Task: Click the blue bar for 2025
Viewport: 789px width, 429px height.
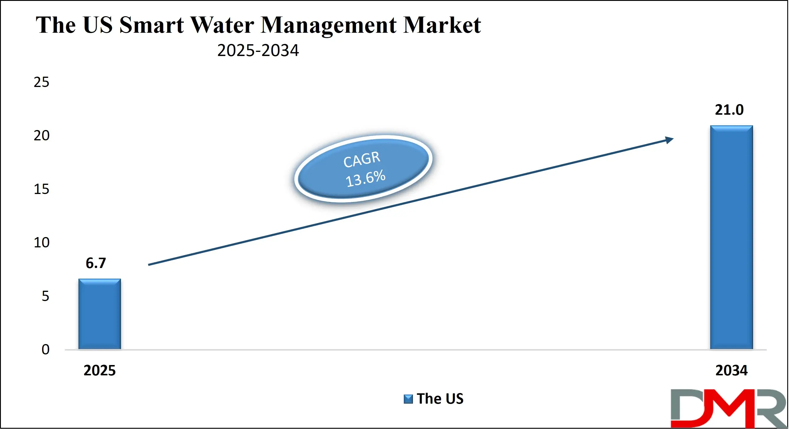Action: click(x=99, y=314)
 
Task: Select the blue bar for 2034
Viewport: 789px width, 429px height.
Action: click(x=731, y=237)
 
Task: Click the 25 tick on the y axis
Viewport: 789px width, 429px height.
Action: click(x=41, y=82)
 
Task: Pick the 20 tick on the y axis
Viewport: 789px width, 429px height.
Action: click(x=41, y=136)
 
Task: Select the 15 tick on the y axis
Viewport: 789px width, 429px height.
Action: click(x=41, y=189)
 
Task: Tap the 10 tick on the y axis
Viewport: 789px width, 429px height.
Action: click(x=41, y=243)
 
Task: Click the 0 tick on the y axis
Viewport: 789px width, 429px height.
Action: click(x=45, y=349)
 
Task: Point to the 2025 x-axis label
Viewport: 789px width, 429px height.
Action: click(x=99, y=371)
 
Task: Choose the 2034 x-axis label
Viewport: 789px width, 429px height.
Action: click(x=731, y=371)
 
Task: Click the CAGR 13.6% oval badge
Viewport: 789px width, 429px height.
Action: click(x=363, y=169)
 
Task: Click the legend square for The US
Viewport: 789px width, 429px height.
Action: click(x=408, y=399)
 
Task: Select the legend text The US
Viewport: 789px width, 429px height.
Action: click(x=440, y=399)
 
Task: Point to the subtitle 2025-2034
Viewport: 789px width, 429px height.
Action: click(x=258, y=50)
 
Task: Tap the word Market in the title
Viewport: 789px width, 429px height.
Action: click(x=442, y=25)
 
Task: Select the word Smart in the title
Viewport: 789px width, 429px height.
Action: click(x=151, y=25)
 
